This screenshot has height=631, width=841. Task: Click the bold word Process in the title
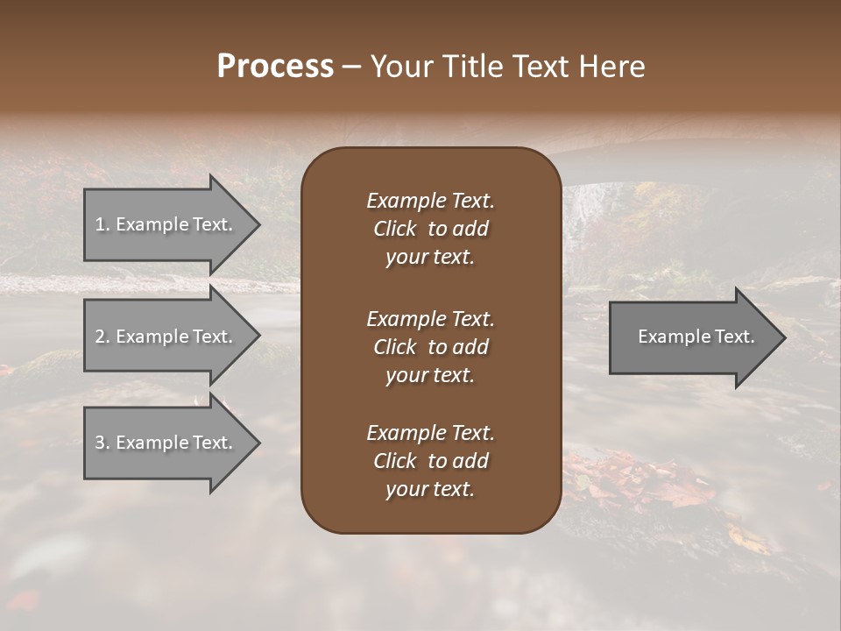coord(275,67)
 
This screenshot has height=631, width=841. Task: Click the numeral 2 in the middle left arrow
coord(99,337)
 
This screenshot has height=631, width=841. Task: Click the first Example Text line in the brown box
coord(430,201)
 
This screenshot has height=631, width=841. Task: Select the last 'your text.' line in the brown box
coord(430,490)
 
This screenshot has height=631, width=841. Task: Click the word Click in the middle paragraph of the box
coord(394,347)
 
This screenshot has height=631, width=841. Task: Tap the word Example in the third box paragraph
coord(406,433)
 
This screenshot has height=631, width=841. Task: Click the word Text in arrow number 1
coord(211,224)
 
